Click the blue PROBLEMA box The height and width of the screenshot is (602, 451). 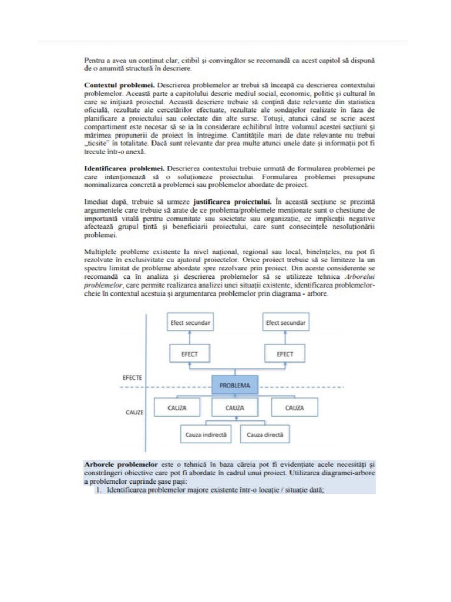tap(234, 386)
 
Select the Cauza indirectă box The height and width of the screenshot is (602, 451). tap(206, 435)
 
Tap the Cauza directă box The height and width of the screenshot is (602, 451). tap(265, 435)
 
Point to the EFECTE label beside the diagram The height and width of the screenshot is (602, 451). tap(133, 377)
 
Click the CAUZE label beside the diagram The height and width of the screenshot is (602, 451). tap(134, 412)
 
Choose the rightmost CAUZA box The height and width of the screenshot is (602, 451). tap(294, 407)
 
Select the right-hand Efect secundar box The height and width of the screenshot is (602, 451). tap(285, 323)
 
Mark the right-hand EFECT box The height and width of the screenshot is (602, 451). tap(285, 355)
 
